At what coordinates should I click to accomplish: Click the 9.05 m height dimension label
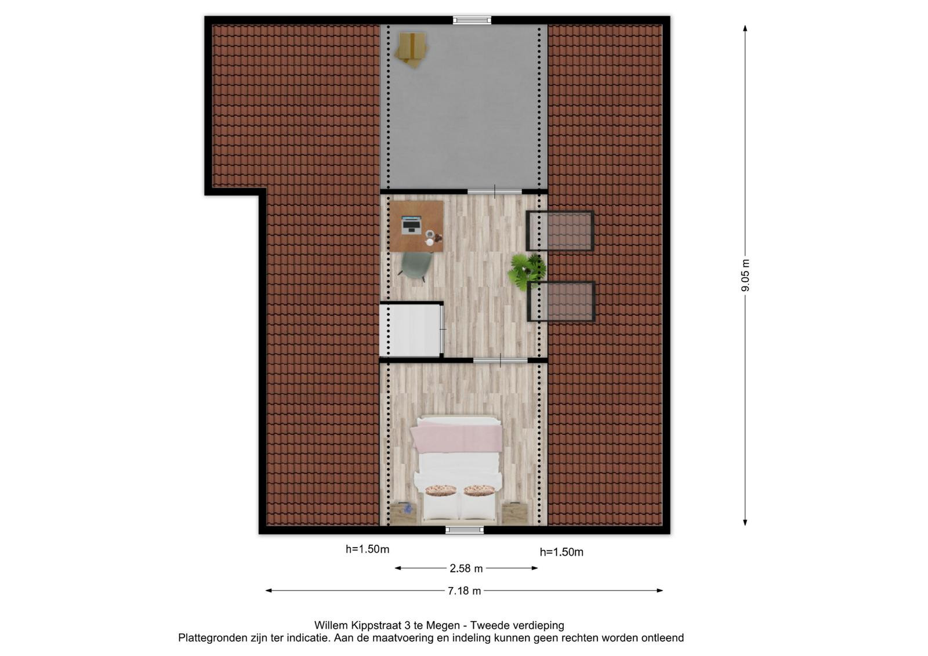click(x=745, y=275)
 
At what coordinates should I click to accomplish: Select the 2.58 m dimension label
click(x=466, y=568)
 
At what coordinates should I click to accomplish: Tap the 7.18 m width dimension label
click(x=464, y=591)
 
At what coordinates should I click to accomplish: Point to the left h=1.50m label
click(x=368, y=549)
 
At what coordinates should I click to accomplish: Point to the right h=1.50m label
click(x=561, y=552)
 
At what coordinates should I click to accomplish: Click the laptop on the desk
click(x=411, y=224)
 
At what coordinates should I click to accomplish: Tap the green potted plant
click(x=527, y=271)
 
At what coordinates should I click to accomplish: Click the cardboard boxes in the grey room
click(x=411, y=50)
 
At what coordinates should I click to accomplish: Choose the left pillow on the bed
click(x=441, y=490)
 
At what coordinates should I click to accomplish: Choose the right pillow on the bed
click(x=479, y=490)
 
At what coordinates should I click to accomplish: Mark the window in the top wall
click(x=472, y=20)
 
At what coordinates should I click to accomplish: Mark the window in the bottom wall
click(x=465, y=530)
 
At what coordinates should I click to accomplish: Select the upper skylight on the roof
click(x=560, y=231)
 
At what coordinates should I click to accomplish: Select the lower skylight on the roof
click(x=561, y=301)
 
